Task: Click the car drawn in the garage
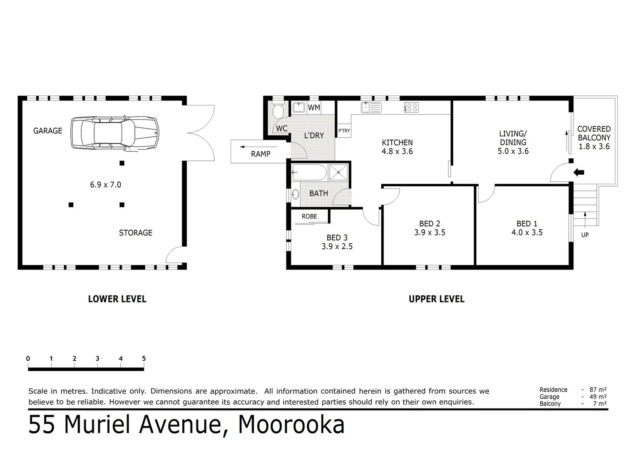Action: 115,132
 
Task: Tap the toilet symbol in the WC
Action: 278,111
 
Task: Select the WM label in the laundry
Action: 314,107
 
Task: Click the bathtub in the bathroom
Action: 309,172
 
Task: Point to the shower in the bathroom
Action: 338,172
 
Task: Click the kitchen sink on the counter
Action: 371,107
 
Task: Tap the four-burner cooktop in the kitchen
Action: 411,107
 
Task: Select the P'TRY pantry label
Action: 344,131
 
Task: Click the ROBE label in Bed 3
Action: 309,216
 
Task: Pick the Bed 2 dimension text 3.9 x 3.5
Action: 430,232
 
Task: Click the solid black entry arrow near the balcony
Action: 579,172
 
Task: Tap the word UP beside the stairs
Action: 585,235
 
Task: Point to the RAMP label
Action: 261,154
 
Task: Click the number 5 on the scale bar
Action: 144,358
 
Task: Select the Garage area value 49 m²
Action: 598,397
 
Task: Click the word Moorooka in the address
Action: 291,425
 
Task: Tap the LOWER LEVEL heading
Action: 117,299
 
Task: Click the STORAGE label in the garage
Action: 136,233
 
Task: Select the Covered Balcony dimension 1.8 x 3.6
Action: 594,146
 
